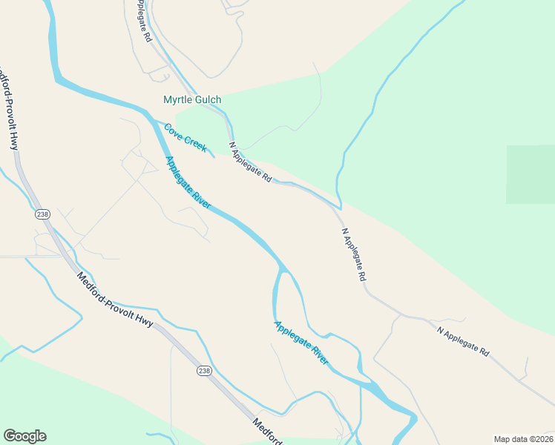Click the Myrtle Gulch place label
click(x=192, y=99)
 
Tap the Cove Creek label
click(x=185, y=138)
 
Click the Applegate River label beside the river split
click(x=301, y=343)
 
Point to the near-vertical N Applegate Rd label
click(x=355, y=254)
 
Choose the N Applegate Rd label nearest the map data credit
click(x=464, y=342)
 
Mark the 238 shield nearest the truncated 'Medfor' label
click(x=205, y=370)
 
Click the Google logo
click(x=24, y=436)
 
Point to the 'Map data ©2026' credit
click(x=523, y=439)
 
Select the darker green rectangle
click(x=531, y=174)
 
